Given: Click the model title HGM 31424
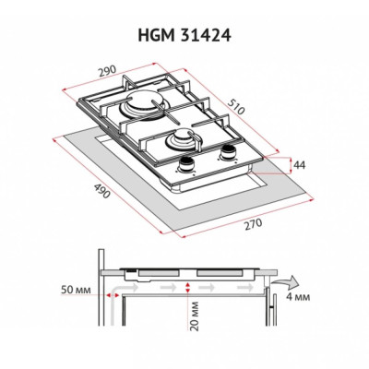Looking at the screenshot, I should pos(184,36).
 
